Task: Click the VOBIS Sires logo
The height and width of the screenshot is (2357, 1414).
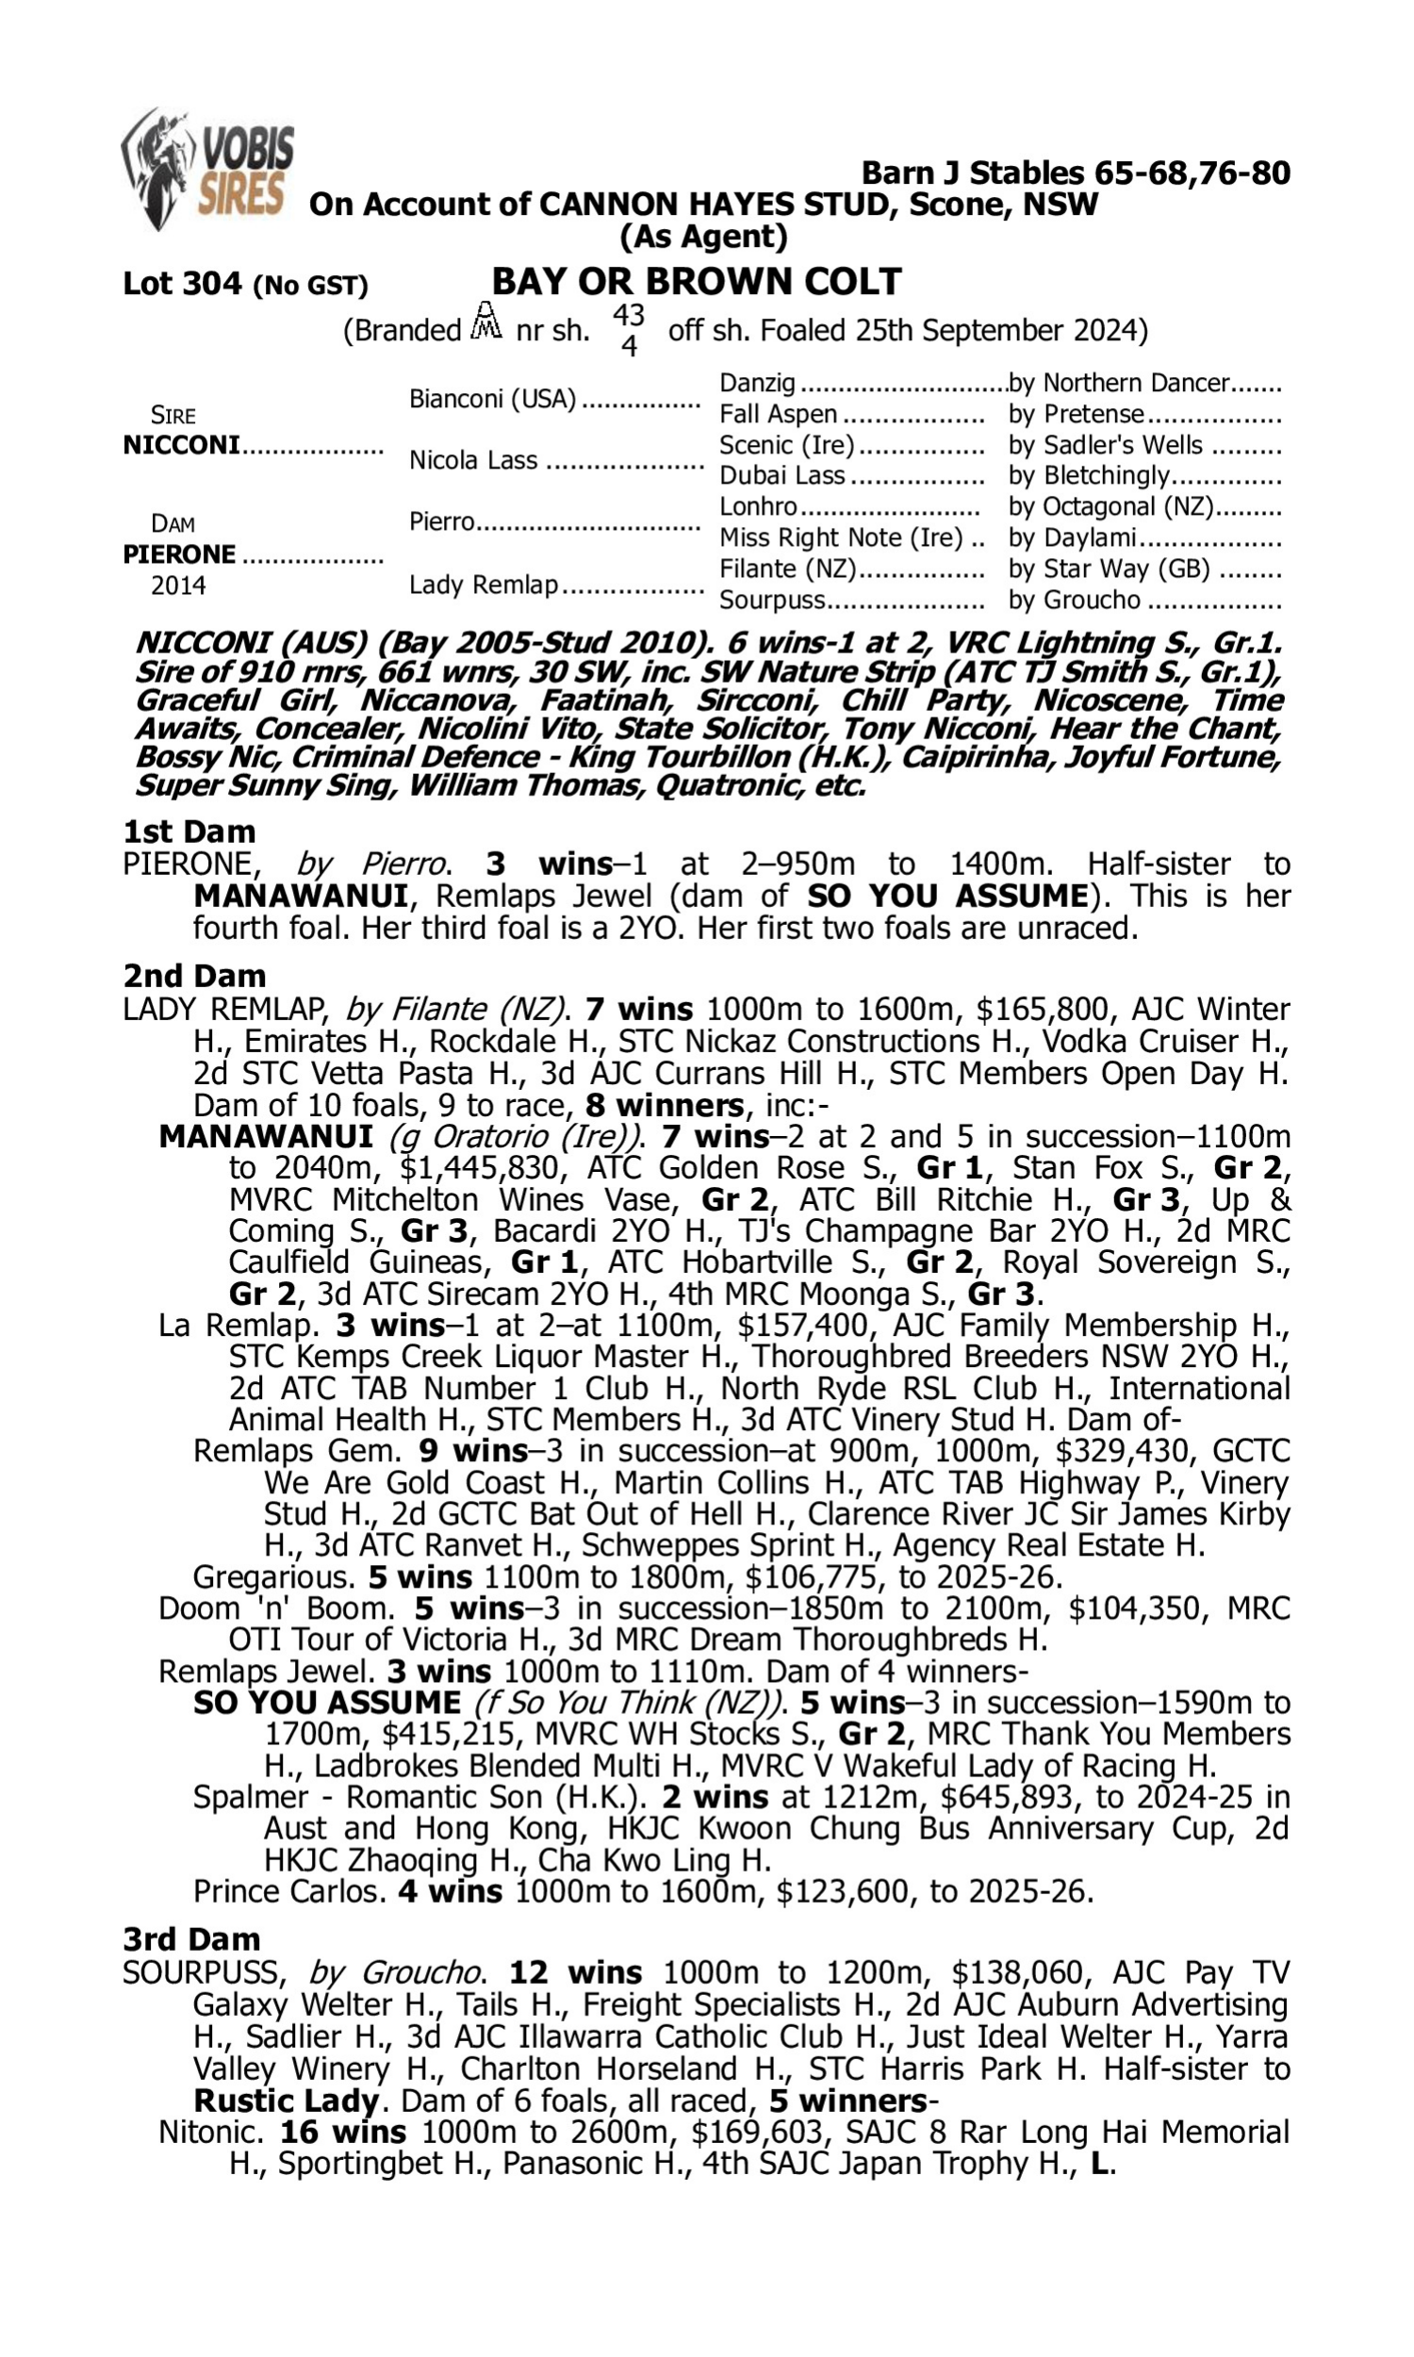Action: point(206,169)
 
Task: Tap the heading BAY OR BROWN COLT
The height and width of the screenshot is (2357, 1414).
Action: point(696,281)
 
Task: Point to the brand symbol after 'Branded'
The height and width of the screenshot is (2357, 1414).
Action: point(487,322)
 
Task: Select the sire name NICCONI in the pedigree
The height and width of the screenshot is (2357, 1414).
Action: point(181,445)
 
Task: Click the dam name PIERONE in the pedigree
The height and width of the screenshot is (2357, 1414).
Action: point(179,553)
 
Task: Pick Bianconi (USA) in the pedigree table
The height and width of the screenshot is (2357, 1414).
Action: point(493,398)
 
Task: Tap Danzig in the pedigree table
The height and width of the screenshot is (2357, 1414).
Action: point(757,383)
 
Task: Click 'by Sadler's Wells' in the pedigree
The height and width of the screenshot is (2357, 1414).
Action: point(1106,445)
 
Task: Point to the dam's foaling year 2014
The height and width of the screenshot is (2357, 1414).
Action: point(178,585)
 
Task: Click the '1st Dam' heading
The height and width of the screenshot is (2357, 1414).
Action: point(189,832)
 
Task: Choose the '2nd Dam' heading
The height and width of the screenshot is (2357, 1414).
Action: point(194,976)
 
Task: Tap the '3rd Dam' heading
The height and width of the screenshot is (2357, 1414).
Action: point(191,1938)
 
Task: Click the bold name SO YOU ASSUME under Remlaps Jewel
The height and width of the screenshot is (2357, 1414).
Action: point(327,1703)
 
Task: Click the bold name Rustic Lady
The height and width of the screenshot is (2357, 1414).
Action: point(286,2101)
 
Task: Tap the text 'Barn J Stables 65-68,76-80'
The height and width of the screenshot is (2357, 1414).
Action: point(1076,173)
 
